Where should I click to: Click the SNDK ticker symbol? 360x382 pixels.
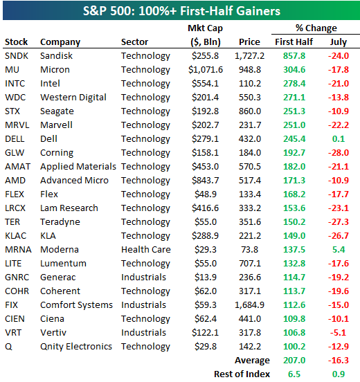point(17,56)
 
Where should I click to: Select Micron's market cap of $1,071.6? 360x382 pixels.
point(206,70)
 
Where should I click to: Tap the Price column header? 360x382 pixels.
point(249,42)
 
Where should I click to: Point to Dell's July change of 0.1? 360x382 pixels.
point(339,139)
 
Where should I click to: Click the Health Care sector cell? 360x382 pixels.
point(146,249)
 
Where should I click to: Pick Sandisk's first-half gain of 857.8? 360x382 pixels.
point(294,56)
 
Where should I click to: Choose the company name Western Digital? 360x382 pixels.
point(73,98)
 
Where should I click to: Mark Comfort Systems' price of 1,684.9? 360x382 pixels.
point(249,305)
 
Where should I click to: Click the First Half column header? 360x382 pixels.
point(294,42)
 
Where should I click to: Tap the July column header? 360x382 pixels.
point(339,42)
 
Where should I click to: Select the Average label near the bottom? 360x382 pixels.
point(252,361)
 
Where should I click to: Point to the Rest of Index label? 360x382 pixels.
point(242,374)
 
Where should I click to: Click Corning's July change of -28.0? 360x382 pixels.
point(339,153)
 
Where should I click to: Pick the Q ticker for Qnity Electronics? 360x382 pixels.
point(8,347)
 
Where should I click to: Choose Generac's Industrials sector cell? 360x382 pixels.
point(143,278)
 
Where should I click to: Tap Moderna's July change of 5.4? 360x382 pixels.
point(339,249)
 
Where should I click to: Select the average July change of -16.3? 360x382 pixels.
point(339,361)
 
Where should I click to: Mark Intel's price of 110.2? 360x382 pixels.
point(250,84)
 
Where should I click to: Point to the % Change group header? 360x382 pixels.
point(316,28)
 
